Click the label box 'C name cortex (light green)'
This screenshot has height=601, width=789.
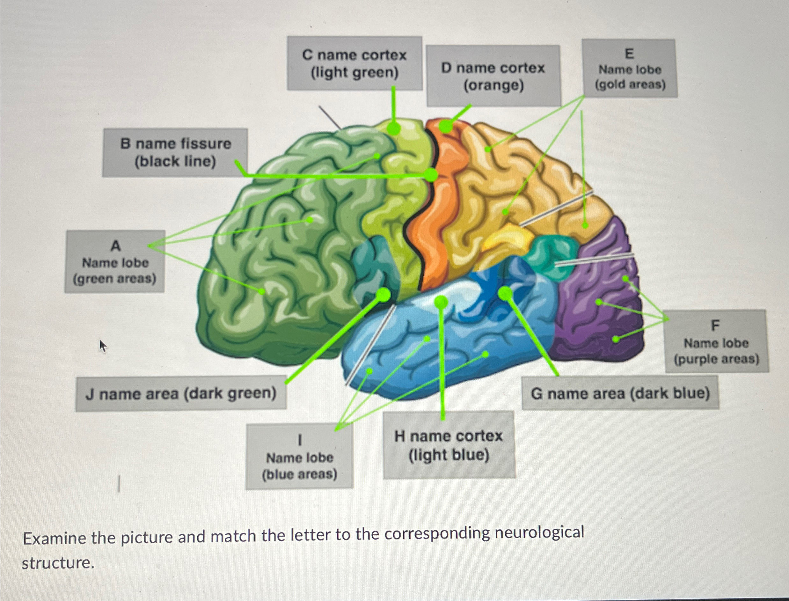click(354, 64)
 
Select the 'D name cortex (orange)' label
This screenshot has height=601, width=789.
click(493, 76)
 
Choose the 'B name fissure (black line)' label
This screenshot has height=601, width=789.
click(175, 153)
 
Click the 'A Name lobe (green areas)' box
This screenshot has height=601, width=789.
click(115, 261)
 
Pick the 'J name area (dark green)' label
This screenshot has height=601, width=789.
click(181, 393)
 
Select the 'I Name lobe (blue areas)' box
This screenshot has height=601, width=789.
click(299, 457)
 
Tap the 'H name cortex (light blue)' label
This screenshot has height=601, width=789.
click(449, 445)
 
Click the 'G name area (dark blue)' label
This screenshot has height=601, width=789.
click(620, 393)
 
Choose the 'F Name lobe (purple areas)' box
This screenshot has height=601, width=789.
click(716, 342)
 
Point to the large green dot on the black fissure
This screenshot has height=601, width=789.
click(431, 175)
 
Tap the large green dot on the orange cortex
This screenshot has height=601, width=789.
click(446, 126)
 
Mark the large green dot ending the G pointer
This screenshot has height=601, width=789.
click(505, 293)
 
